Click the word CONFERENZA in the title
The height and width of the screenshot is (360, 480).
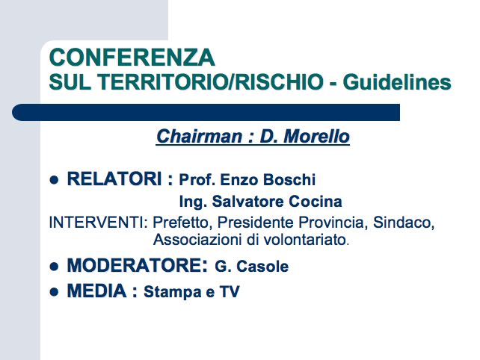132,58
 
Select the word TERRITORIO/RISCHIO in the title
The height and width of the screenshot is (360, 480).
210,82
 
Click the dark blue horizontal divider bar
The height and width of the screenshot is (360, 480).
206,112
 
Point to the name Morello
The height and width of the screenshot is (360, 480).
316,137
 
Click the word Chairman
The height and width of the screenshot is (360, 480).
200,137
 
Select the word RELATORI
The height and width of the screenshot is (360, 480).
114,179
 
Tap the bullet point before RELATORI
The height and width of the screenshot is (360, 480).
54,180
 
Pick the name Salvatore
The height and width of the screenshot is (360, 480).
248,202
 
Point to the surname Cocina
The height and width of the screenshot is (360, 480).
316,202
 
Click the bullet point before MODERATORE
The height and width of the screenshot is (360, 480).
54,267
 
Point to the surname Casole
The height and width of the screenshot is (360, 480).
262,267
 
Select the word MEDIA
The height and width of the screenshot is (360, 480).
96,291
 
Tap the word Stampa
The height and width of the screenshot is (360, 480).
173,292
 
